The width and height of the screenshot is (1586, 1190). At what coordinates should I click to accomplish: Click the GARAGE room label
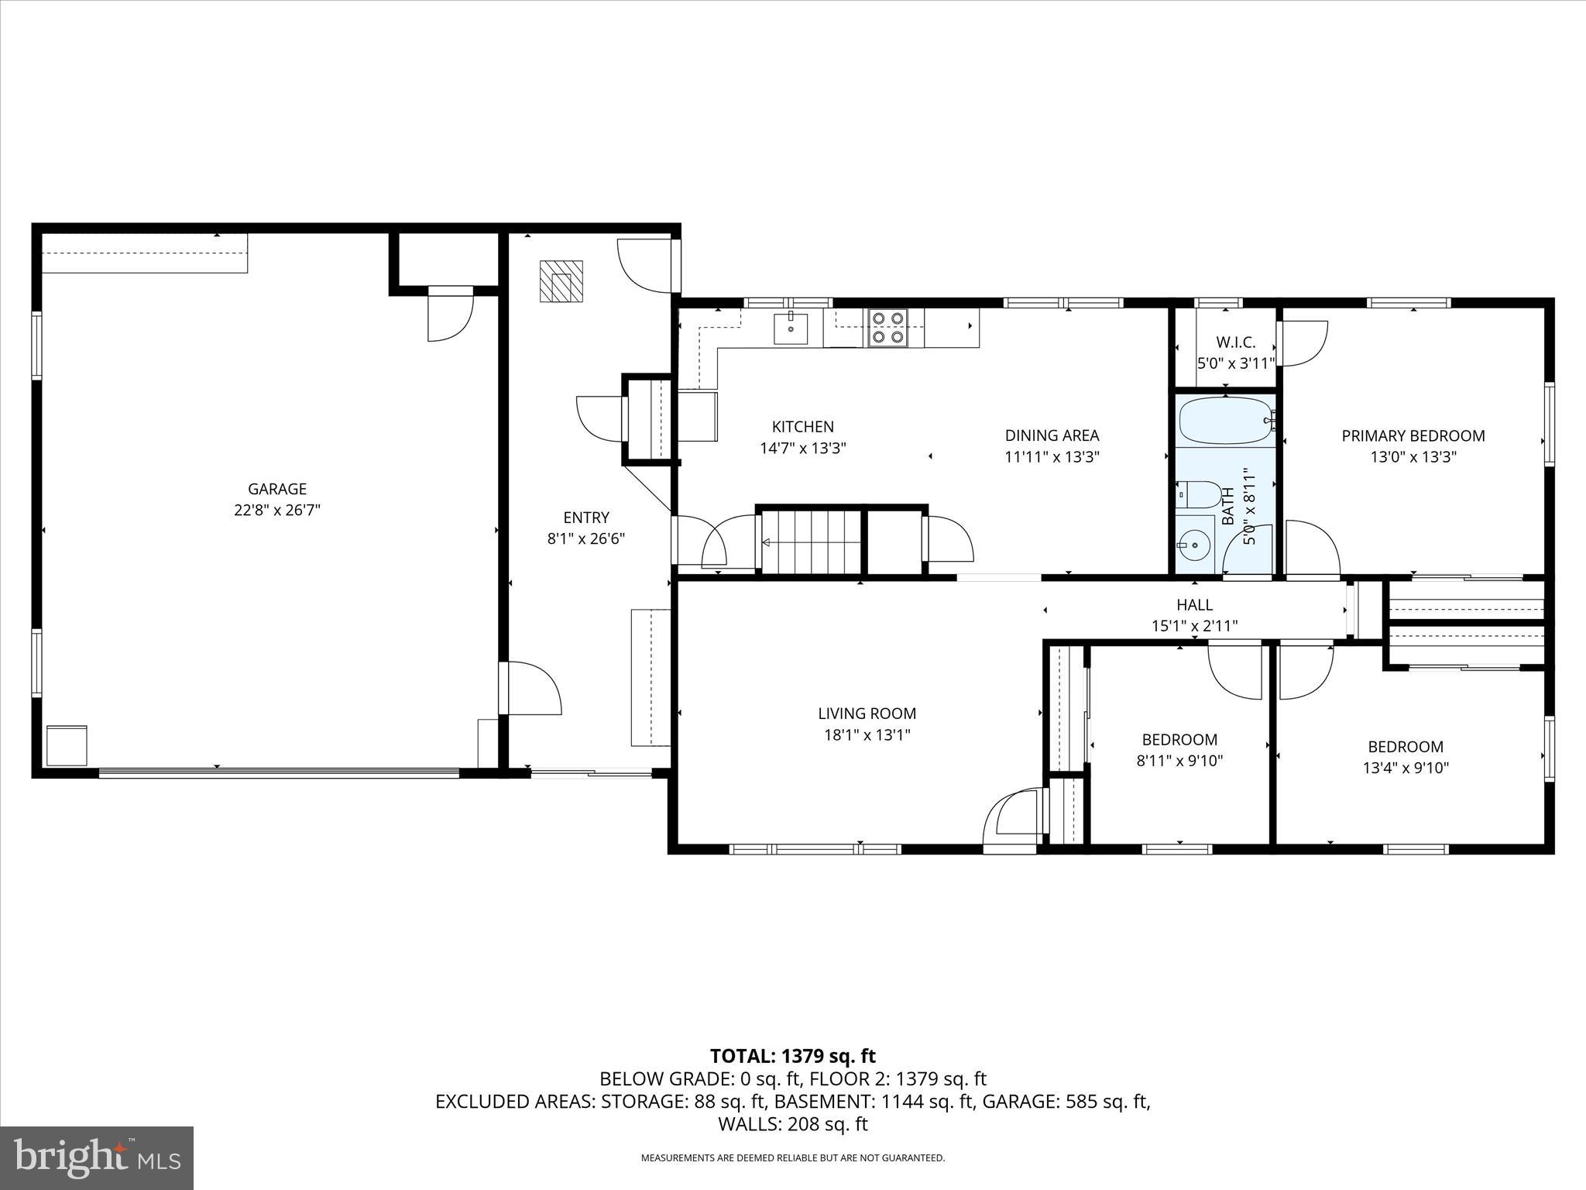coord(277,489)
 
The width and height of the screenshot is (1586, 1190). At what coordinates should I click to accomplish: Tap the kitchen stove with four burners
coord(887,328)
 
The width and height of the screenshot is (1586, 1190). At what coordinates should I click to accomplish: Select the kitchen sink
coord(791,328)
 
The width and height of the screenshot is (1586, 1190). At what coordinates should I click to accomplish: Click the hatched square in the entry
coord(561,282)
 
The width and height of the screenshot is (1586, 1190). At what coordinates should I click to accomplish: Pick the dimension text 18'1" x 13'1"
coord(867,735)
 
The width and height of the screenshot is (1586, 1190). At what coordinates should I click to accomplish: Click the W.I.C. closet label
coord(1235,342)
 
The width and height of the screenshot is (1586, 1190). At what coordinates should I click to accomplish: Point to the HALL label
coord(1194,604)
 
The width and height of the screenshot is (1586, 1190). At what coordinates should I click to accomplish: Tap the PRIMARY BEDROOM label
coord(1413,436)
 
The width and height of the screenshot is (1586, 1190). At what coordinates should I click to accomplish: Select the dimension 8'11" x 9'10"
coord(1179,761)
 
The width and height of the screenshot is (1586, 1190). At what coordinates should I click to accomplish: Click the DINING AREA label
coord(1052,435)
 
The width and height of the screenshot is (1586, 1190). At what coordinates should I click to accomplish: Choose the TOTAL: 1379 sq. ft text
coord(792,1056)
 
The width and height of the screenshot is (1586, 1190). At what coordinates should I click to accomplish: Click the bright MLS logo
coord(97,1157)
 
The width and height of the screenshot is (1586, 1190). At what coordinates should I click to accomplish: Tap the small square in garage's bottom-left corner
coord(67,745)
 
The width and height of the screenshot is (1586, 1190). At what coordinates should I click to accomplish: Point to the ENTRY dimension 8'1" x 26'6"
coord(585,539)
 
